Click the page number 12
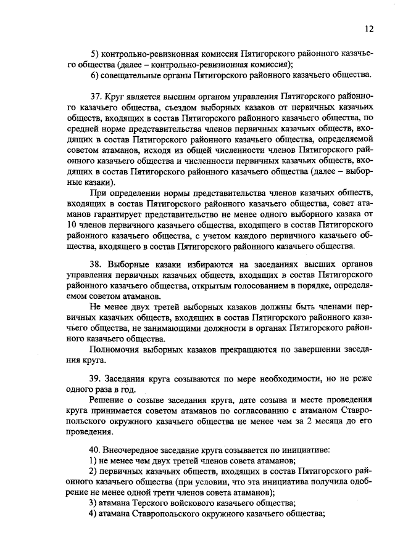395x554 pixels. [369, 28]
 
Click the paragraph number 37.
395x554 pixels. [96, 97]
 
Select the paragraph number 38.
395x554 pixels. [96, 264]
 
